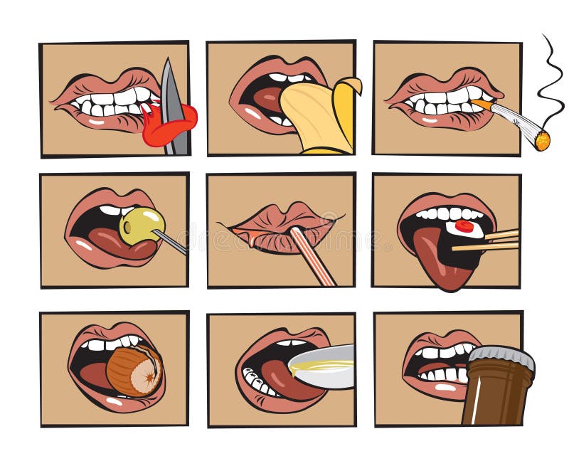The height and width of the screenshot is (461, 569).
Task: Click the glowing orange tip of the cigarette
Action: (542, 140)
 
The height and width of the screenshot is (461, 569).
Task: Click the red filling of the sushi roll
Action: (464, 226)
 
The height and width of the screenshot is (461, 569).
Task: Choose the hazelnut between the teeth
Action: (133, 370)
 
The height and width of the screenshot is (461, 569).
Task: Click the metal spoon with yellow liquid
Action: (324, 366)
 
